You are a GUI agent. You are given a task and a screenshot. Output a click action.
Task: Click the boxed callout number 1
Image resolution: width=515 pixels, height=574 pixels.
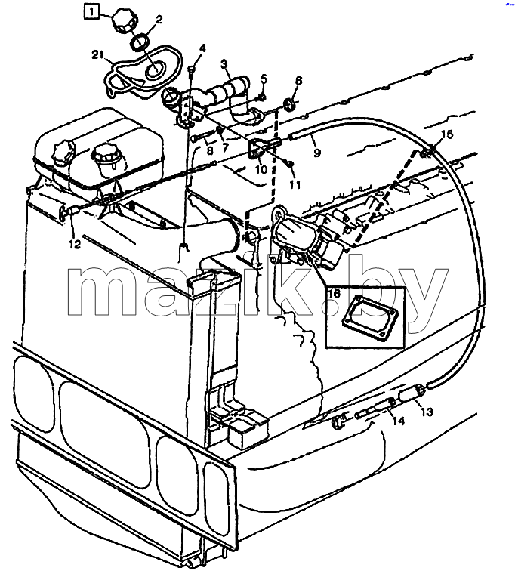91,11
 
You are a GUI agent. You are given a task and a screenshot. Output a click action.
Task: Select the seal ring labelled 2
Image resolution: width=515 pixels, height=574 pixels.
140,42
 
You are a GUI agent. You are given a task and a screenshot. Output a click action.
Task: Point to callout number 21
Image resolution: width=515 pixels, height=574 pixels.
97,55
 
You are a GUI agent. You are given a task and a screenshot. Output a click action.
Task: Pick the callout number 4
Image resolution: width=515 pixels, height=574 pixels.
203,48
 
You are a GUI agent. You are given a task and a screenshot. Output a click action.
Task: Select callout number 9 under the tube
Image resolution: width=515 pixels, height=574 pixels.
317,153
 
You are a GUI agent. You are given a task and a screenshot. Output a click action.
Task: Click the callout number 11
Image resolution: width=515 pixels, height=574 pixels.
295,184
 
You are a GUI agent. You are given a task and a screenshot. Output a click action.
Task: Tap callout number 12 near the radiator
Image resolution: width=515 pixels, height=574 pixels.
75,244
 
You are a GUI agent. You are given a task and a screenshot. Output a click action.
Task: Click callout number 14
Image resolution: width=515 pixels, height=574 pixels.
398,421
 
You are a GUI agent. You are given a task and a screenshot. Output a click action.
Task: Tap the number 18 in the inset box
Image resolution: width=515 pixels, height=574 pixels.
335,293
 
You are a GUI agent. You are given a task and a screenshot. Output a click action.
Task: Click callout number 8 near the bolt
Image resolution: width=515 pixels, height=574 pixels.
210,150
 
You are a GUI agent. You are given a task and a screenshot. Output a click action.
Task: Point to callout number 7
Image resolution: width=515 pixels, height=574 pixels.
225,147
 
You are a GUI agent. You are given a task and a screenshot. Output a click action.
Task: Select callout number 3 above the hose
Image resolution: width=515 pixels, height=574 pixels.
224,64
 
